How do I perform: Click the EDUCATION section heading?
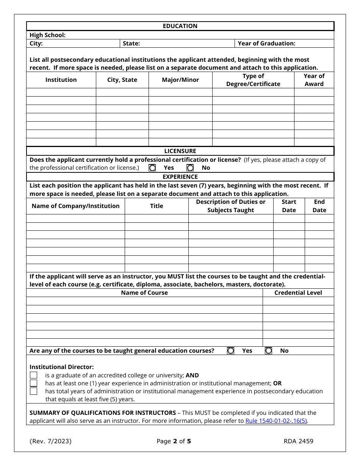(180, 26)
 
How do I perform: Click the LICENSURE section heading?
(180, 151)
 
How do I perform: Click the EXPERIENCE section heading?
(180, 177)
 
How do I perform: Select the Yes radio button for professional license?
(152, 167)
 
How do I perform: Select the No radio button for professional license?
(190, 167)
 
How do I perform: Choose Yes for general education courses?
(230, 351)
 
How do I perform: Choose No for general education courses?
(268, 351)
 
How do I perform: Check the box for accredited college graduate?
(34, 375)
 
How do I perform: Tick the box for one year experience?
(34, 383)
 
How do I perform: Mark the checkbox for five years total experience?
(34, 391)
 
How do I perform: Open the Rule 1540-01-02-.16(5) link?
(276, 421)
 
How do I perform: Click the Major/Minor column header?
(180, 80)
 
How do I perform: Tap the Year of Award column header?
(314, 80)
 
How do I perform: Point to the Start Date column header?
(289, 206)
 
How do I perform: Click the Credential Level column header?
(298, 292)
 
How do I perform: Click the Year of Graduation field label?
(266, 44)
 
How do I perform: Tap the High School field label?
(48, 35)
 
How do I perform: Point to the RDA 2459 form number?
(298, 441)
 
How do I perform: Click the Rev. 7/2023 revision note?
(50, 441)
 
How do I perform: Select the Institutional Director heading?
(62, 367)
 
